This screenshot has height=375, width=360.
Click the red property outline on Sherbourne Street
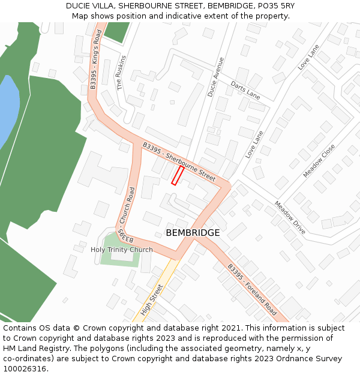click(x=178, y=175)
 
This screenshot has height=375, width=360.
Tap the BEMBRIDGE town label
click(x=193, y=232)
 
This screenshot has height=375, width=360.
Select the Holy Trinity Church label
click(x=122, y=250)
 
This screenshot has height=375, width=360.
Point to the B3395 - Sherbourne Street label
click(x=179, y=161)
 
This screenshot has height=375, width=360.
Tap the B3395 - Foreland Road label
click(x=251, y=290)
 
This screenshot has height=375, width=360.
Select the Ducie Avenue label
click(x=215, y=77)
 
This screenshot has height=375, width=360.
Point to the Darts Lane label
click(x=245, y=91)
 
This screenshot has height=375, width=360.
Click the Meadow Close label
click(x=319, y=160)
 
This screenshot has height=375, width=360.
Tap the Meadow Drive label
click(x=290, y=217)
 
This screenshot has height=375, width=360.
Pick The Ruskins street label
click(x=122, y=73)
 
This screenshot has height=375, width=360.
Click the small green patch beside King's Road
click(x=117, y=31)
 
